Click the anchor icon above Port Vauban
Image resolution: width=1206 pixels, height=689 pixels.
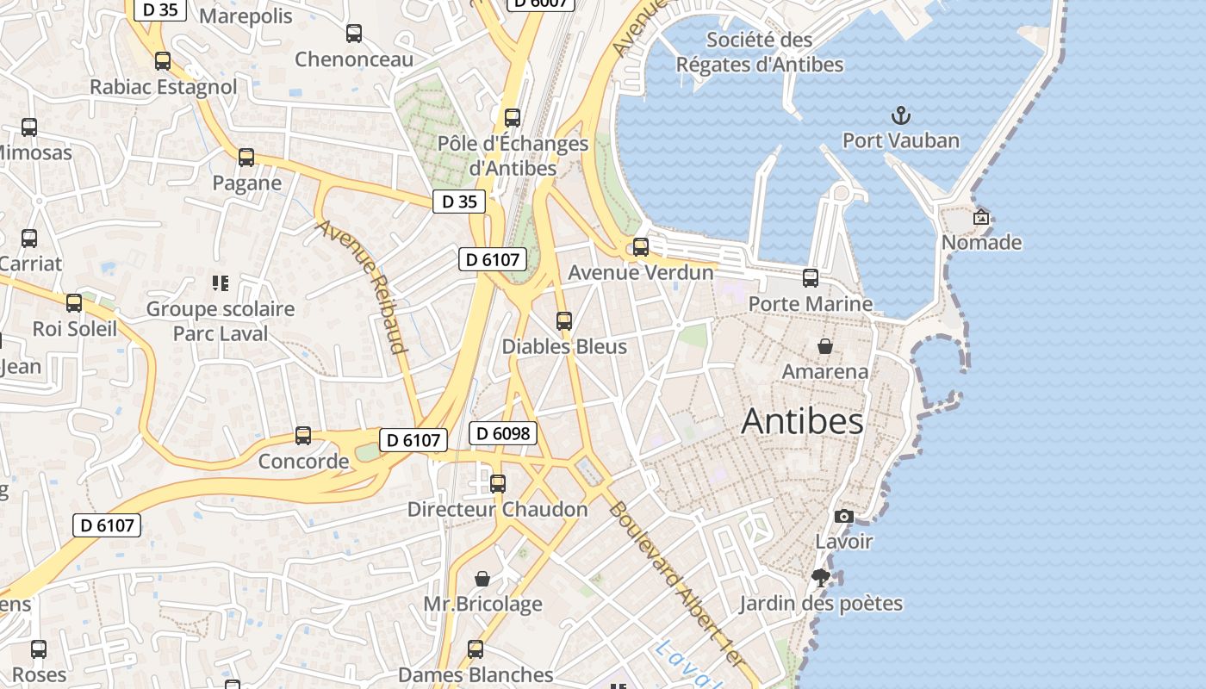pyautogui.click(x=900, y=115)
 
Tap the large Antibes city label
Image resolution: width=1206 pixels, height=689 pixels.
pyautogui.click(x=802, y=421)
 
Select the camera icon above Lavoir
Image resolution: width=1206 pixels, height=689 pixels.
pyautogui.click(x=844, y=516)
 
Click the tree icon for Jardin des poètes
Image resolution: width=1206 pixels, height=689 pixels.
pyautogui.click(x=821, y=578)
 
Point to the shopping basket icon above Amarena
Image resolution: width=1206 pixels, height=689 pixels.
pyautogui.click(x=825, y=346)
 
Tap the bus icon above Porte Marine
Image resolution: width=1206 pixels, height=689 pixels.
pyautogui.click(x=811, y=278)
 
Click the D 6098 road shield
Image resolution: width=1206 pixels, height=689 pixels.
pyautogui.click(x=503, y=433)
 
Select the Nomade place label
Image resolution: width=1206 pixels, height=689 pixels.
pyautogui.click(x=981, y=242)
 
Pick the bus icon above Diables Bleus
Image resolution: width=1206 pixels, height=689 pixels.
pyautogui.click(x=564, y=321)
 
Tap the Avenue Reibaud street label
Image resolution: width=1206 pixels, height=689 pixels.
pyautogui.click(x=362, y=286)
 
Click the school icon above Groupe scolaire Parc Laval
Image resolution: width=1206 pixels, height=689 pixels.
pyautogui.click(x=220, y=283)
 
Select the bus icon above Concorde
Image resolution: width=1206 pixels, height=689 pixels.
pyautogui.click(x=303, y=436)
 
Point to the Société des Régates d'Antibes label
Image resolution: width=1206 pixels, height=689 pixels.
pyautogui.click(x=759, y=52)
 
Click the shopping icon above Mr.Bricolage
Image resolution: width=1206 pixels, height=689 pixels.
pyautogui.click(x=482, y=579)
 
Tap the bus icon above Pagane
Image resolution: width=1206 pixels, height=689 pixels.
pyautogui.click(x=246, y=158)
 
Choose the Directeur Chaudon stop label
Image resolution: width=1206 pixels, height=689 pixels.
pyautogui.click(x=497, y=509)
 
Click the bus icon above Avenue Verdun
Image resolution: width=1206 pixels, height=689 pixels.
pyautogui.click(x=641, y=247)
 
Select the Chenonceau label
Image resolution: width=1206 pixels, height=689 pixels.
pyautogui.click(x=354, y=59)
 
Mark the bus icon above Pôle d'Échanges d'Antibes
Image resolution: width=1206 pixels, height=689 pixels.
pyautogui.click(x=513, y=118)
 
